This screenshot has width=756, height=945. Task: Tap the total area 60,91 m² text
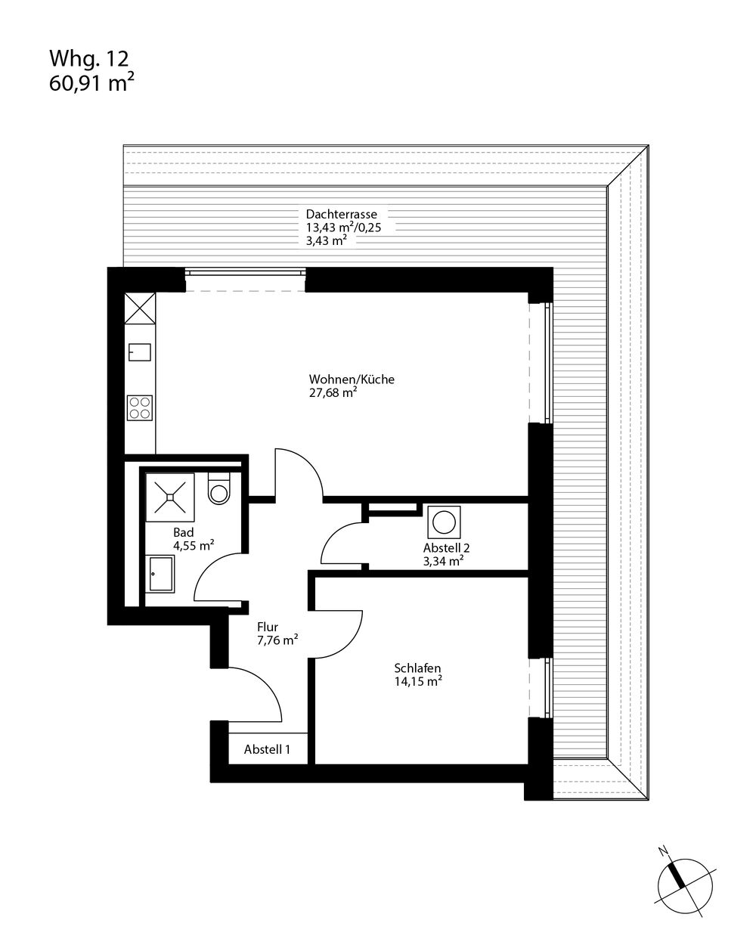[91, 83]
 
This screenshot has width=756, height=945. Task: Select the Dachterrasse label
[341, 214]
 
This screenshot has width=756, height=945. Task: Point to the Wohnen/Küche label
[352, 380]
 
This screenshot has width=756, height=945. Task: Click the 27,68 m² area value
[333, 392]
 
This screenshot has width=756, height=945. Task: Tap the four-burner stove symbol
[140, 407]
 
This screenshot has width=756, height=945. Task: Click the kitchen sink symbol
[140, 352]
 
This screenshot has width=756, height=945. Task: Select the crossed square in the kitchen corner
[140, 308]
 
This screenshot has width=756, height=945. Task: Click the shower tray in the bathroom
[169, 497]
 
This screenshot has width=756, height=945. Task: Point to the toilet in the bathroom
[218, 488]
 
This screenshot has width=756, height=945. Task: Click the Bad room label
[183, 533]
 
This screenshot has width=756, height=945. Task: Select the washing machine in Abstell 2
[444, 522]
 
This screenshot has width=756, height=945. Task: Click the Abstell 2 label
[446, 548]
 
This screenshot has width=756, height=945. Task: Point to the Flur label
[268, 627]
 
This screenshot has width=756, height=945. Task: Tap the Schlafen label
[417, 668]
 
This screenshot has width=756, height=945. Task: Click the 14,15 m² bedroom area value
[418, 681]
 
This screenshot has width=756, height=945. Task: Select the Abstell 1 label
[267, 749]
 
